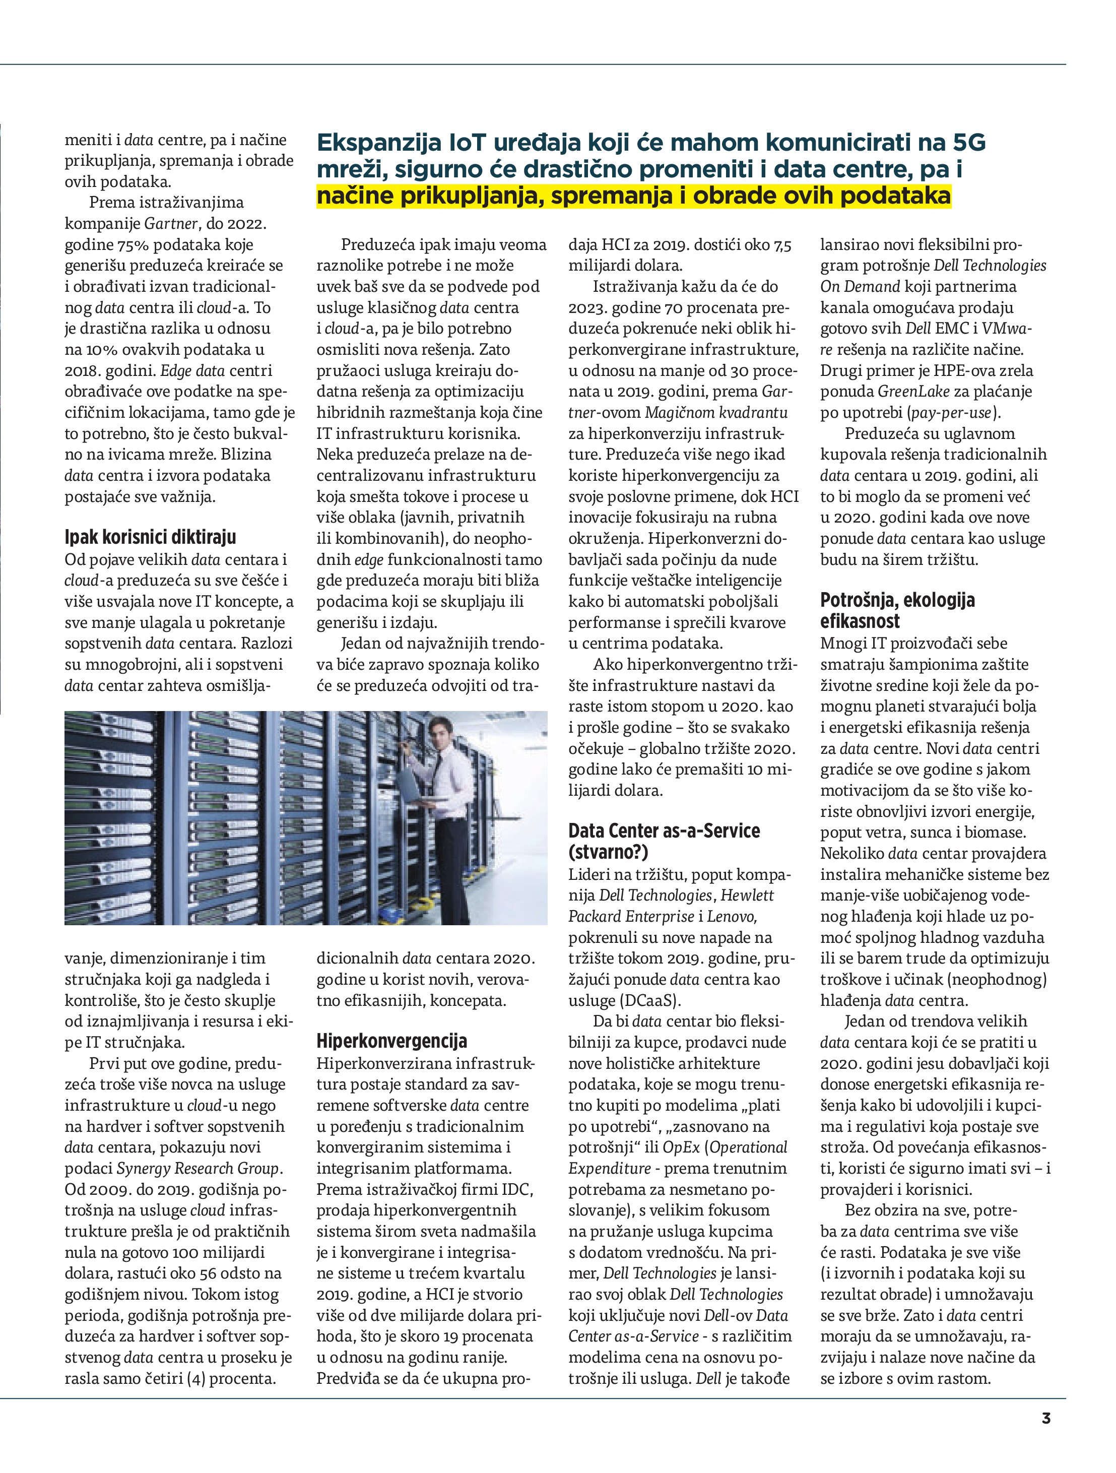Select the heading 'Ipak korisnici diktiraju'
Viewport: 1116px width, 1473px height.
(151, 537)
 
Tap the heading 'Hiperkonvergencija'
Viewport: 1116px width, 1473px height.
(391, 1041)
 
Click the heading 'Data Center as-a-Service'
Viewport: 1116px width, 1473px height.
(664, 830)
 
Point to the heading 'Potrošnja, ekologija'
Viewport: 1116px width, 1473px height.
(897, 600)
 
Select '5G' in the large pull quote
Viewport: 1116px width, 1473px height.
(969, 143)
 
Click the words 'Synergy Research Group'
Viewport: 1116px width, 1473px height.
(199, 1168)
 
